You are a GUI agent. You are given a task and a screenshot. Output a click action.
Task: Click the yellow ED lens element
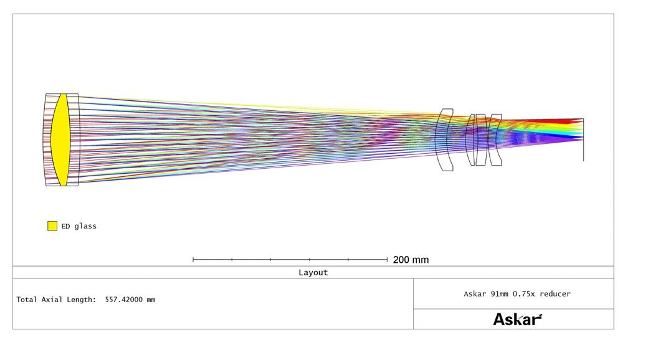tap(60, 140)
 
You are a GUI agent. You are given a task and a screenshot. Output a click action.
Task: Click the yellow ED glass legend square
tap(52, 225)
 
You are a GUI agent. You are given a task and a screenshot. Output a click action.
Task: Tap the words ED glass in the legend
tap(79, 226)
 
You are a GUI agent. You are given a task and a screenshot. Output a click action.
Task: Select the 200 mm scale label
tap(411, 260)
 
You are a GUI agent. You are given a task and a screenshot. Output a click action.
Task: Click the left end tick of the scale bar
tap(193, 260)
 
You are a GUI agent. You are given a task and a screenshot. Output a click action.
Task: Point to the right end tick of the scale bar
tap(387, 260)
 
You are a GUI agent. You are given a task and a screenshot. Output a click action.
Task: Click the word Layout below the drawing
tap(313, 272)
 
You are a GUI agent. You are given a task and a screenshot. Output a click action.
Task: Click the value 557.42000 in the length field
tap(123, 300)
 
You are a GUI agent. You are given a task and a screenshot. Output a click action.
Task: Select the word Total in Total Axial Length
tap(26, 300)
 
